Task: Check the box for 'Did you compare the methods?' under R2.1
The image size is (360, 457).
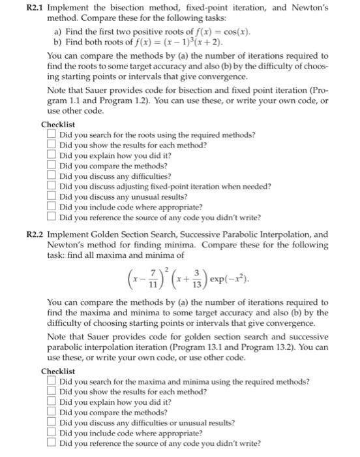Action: tap(51, 166)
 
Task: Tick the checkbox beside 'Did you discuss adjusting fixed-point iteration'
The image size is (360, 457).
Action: tap(51, 186)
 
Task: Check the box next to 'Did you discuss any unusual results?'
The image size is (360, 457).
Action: tap(51, 197)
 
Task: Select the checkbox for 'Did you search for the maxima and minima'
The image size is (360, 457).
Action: tap(51, 381)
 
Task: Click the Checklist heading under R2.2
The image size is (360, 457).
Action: tap(58, 371)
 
